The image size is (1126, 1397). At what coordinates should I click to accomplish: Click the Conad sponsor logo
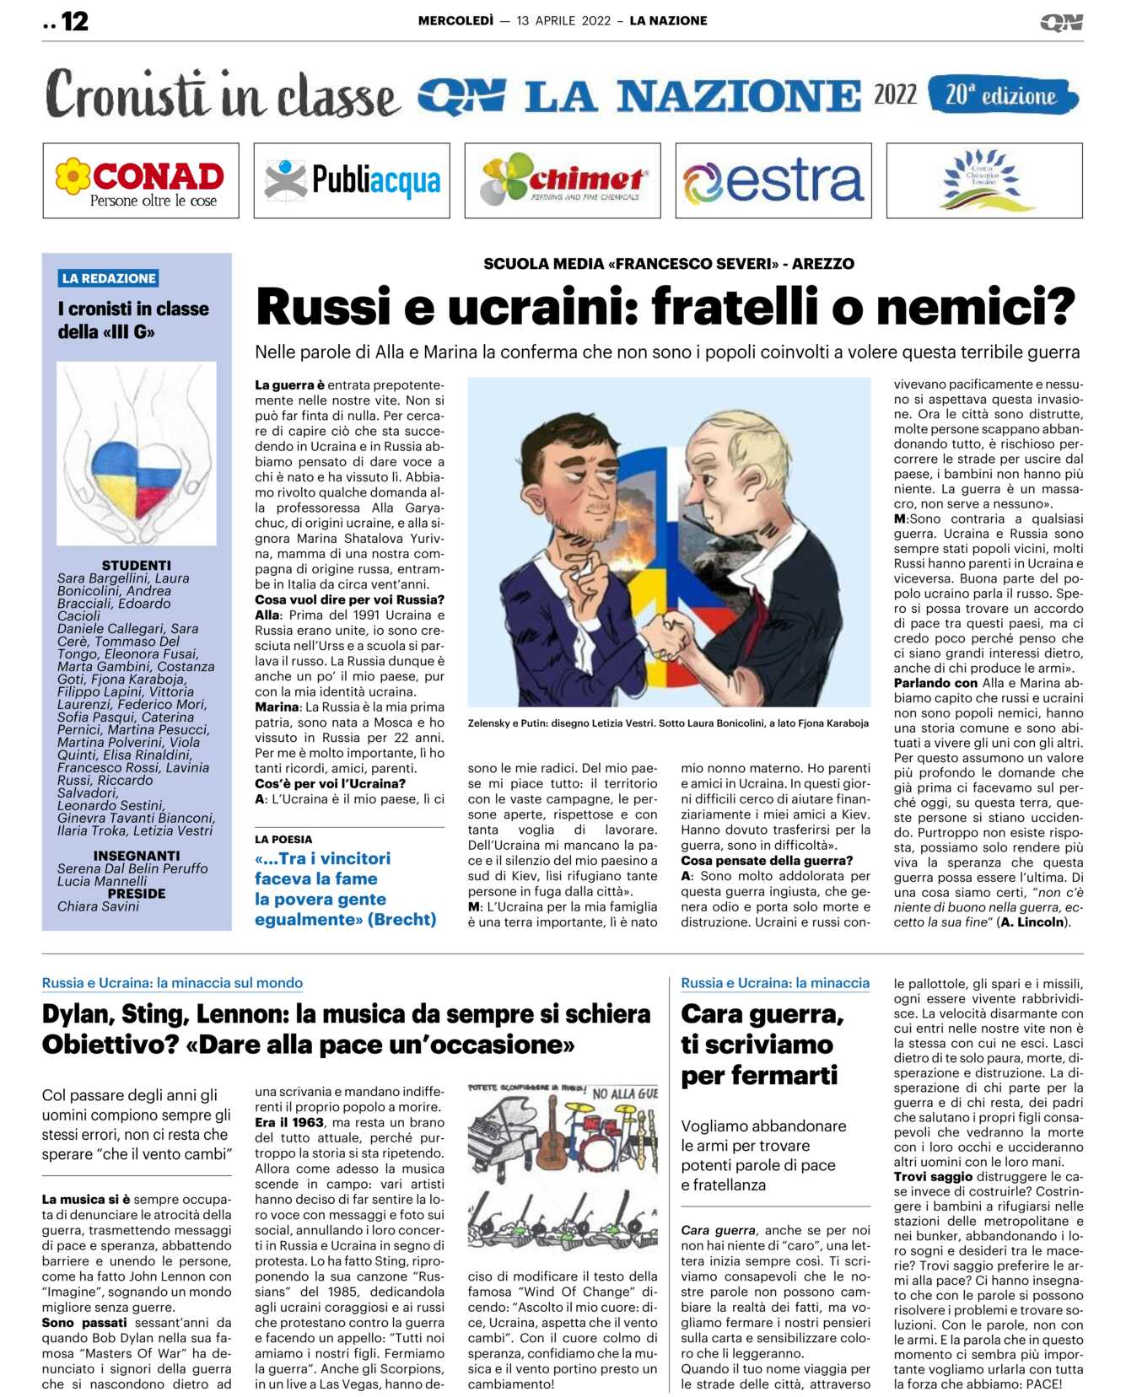(x=141, y=180)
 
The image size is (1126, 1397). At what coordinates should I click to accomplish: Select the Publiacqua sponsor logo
(x=352, y=180)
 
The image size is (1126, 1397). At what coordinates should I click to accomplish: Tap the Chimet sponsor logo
(x=563, y=180)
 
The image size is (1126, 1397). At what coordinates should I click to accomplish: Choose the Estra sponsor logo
(x=773, y=180)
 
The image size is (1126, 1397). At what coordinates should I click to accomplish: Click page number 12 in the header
(x=74, y=22)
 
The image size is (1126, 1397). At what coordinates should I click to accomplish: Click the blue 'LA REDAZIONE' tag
(x=109, y=278)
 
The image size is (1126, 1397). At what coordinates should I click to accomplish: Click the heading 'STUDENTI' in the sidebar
(x=136, y=565)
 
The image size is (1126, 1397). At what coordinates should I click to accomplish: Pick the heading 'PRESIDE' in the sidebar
(x=137, y=894)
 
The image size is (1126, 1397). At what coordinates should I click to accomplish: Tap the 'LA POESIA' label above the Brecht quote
(x=283, y=840)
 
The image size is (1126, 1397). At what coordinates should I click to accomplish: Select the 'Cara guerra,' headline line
(x=762, y=1013)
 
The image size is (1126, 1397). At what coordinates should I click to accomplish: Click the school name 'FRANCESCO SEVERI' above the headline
(x=692, y=264)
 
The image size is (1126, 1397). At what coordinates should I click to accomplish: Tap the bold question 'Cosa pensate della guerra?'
(x=767, y=861)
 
